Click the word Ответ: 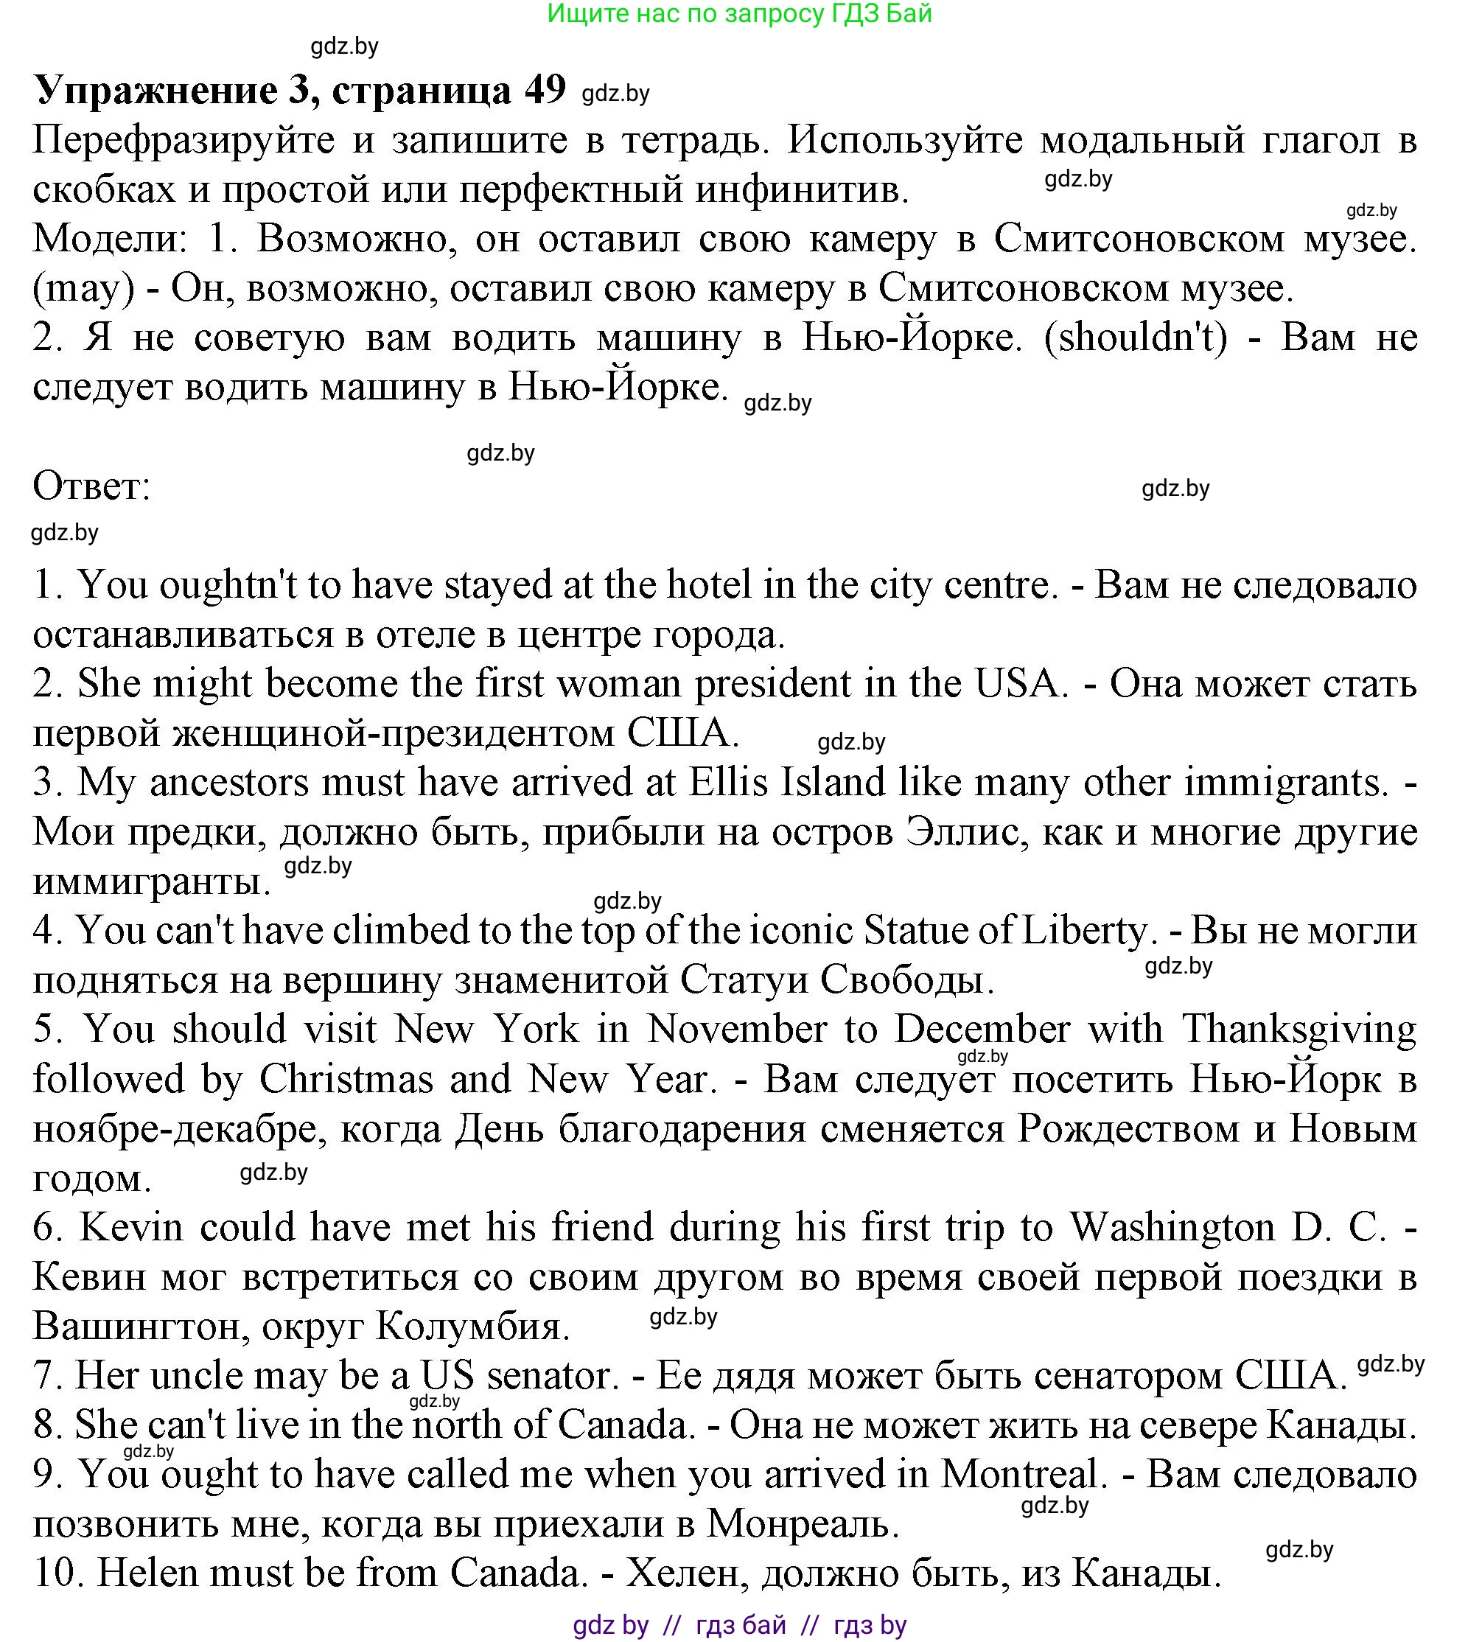(91, 487)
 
